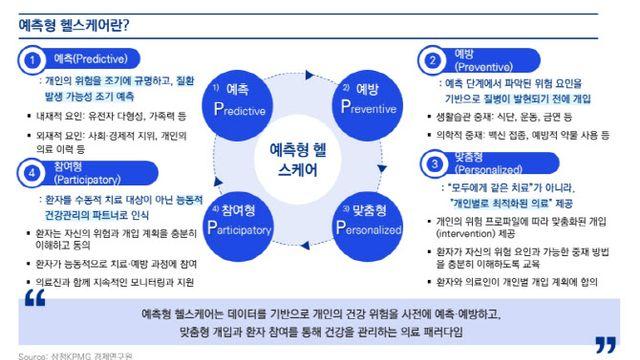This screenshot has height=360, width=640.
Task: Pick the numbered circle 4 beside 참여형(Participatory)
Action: (x=33, y=172)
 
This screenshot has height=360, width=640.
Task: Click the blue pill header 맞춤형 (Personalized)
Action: (x=483, y=163)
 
